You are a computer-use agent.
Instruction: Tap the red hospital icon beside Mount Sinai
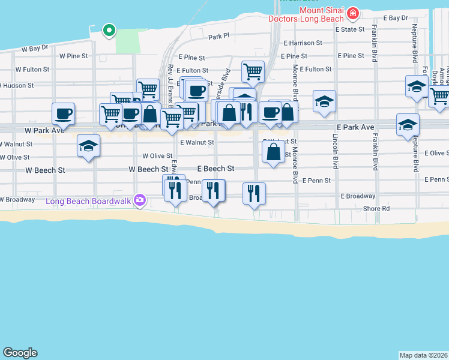tap(353, 12)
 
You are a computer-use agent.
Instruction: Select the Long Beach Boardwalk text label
tap(91, 200)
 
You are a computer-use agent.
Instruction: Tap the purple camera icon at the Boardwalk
tap(140, 200)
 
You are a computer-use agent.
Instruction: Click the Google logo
tap(20, 353)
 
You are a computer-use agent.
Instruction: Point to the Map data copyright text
tap(424, 355)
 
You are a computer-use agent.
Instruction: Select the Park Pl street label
tap(219, 37)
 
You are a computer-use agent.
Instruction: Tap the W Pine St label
tap(74, 56)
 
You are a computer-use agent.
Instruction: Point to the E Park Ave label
tap(355, 128)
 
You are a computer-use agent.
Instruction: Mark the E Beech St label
tap(215, 169)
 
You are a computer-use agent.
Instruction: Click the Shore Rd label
tap(377, 209)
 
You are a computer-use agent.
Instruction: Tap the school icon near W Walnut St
tap(89, 146)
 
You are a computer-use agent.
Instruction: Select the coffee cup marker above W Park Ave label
tap(64, 113)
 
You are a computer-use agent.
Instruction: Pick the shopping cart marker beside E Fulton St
tap(253, 71)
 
